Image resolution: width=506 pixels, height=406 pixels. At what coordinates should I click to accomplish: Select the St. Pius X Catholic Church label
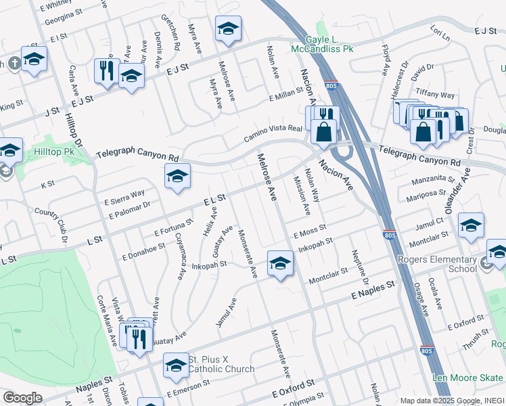coord(221,364)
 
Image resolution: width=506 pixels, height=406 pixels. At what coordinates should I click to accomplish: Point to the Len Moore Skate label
coord(468,378)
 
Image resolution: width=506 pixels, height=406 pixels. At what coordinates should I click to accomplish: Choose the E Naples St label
coord(372,292)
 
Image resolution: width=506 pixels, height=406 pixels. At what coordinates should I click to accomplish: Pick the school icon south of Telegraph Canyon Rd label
coord(177,177)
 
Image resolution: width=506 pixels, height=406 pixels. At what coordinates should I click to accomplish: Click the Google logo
coord(22,398)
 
